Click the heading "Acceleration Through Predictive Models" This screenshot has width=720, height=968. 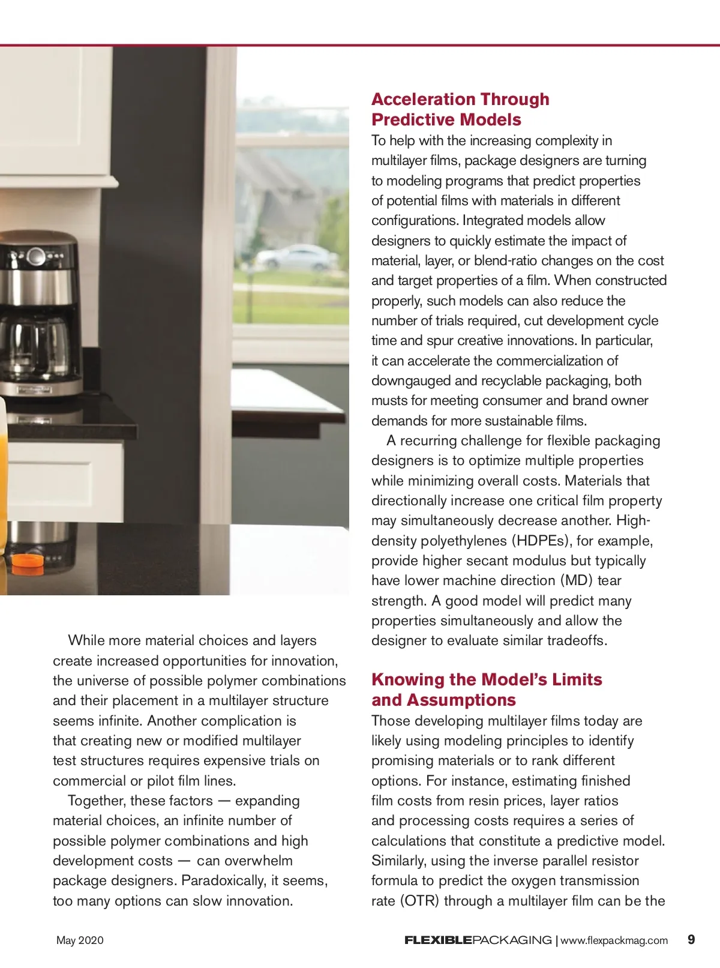click(460, 109)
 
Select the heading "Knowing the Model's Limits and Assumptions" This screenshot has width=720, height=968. click(486, 690)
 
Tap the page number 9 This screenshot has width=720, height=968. click(691, 939)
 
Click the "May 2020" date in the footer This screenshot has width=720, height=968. click(80, 940)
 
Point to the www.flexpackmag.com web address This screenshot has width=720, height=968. click(614, 940)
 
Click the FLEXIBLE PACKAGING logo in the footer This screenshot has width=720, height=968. click(478, 940)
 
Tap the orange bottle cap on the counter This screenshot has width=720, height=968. click(28, 561)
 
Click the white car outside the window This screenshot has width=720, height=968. click(297, 257)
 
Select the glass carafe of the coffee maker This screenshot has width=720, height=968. click(36, 348)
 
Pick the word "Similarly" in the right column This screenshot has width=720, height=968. click(398, 861)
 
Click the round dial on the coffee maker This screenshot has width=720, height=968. click(36, 257)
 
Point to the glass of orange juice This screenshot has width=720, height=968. click(3, 480)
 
